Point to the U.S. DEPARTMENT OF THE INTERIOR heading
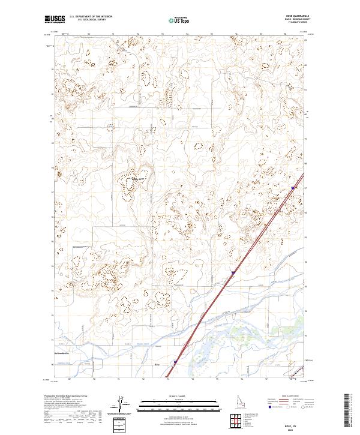click(x=90, y=17)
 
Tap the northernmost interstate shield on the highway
click(x=293, y=188)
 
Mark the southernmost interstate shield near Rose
click(x=175, y=362)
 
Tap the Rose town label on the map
click(x=158, y=364)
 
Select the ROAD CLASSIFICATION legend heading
click(x=287, y=397)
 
